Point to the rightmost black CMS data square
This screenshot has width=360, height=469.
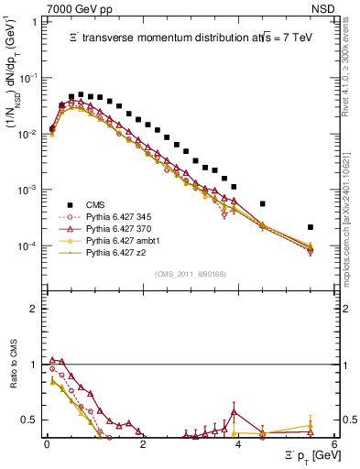(x=311, y=227)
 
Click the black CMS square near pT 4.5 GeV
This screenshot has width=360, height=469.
(x=263, y=203)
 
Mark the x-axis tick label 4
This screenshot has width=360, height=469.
(x=238, y=443)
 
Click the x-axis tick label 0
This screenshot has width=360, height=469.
(x=47, y=443)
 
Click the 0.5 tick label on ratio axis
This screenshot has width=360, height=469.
(x=30, y=420)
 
